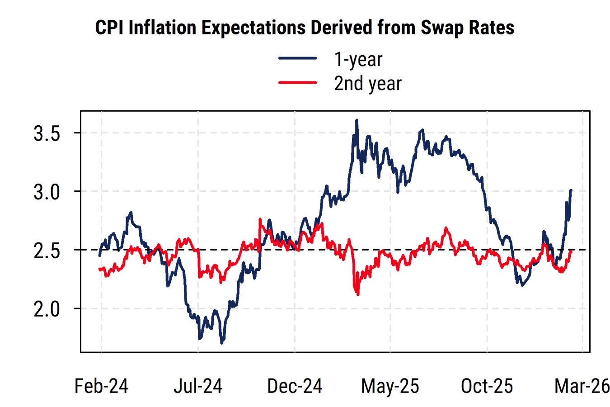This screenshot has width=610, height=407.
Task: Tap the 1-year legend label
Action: (x=358, y=60)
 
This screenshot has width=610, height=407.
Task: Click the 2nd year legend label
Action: (x=367, y=84)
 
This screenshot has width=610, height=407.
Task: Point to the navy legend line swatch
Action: (x=297, y=58)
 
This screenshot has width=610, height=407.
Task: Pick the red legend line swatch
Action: (x=297, y=82)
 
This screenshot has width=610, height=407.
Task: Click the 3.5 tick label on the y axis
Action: (x=47, y=133)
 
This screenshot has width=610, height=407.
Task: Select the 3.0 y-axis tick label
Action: (x=47, y=192)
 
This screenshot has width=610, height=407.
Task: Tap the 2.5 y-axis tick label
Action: (x=47, y=251)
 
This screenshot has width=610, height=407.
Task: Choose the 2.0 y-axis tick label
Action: (x=47, y=309)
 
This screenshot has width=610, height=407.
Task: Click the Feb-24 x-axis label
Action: (x=101, y=386)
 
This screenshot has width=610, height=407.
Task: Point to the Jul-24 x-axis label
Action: (x=198, y=386)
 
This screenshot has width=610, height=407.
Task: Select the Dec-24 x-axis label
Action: (x=295, y=386)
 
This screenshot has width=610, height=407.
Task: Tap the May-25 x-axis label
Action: (x=390, y=386)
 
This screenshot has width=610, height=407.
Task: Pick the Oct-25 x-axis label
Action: (x=487, y=386)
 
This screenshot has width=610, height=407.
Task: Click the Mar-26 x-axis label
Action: (x=582, y=386)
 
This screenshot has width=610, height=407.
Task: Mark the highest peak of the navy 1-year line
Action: (x=357, y=120)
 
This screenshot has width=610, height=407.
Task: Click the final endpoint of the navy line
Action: (x=571, y=190)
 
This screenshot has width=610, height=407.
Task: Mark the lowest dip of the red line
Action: (x=358, y=294)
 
